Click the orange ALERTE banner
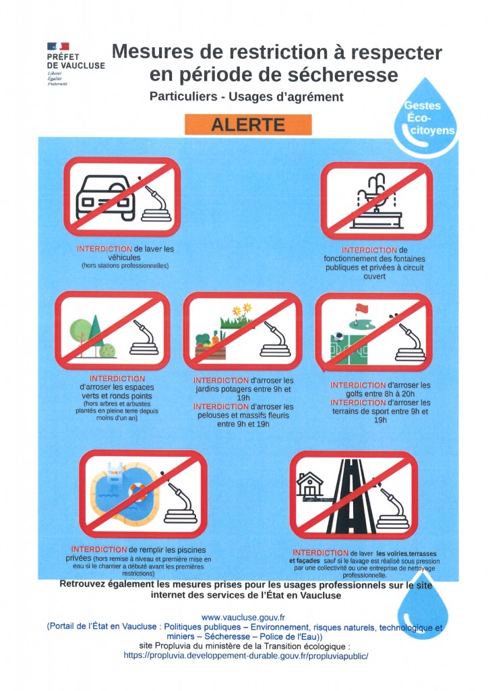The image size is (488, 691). (x=248, y=125)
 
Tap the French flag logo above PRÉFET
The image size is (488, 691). (x=58, y=47)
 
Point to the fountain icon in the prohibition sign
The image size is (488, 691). (x=377, y=201)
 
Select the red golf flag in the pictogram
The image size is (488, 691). (x=361, y=308)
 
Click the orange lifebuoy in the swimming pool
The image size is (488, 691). (x=138, y=491)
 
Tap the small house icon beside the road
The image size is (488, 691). (x=310, y=484)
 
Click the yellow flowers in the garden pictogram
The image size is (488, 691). (x=243, y=309)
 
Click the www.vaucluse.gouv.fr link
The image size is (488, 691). (x=243, y=618)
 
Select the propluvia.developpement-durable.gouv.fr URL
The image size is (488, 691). (x=245, y=656)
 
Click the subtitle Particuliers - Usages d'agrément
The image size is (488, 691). (x=247, y=96)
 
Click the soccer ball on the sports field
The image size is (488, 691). (x=338, y=336)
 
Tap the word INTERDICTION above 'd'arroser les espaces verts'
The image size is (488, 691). (x=117, y=379)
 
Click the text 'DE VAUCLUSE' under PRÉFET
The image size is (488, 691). (x=76, y=65)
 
